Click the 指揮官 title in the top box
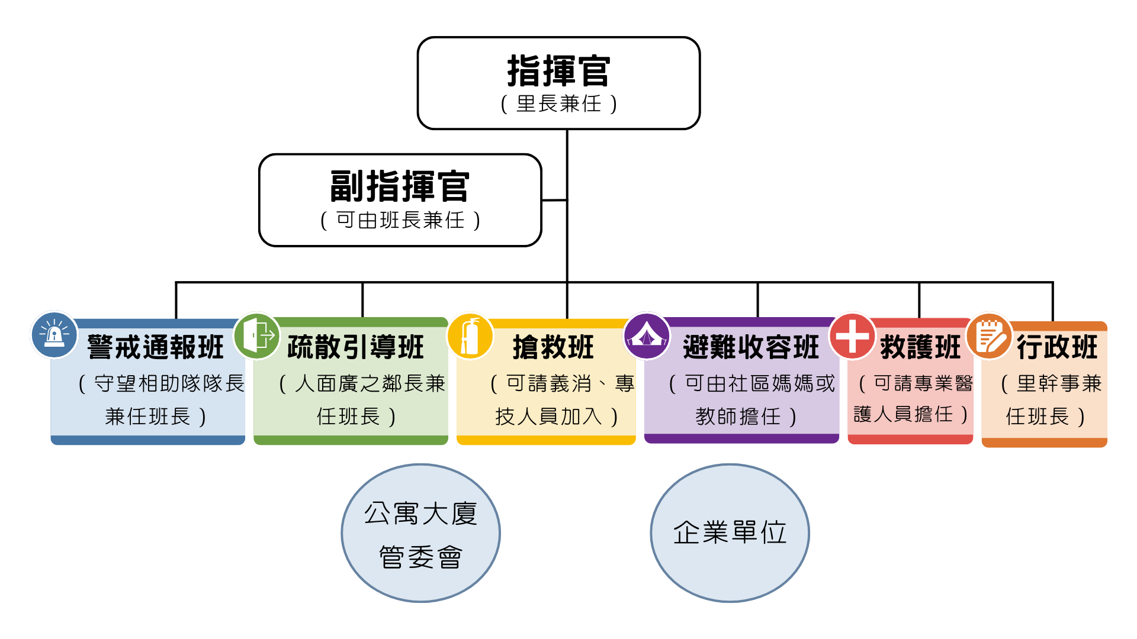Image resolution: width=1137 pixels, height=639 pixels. (558, 71)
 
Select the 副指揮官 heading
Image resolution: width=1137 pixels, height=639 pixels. (400, 187)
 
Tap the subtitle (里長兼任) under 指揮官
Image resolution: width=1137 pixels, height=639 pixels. (558, 104)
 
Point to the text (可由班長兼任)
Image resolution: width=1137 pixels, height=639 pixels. (400, 221)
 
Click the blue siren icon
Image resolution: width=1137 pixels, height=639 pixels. (54, 335)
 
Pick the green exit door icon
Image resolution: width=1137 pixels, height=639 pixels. (257, 335)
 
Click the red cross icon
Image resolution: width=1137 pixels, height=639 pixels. (852, 335)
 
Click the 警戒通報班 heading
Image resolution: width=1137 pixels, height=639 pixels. (155, 347)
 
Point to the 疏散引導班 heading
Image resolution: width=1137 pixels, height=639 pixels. (355, 347)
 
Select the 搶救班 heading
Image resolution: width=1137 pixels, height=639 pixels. (553, 347)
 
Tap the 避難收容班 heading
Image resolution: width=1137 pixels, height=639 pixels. (751, 347)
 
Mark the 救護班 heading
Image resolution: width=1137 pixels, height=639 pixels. (920, 347)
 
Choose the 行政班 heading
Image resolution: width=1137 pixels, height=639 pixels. (1058, 347)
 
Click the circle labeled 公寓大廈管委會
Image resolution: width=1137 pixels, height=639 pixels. (420, 533)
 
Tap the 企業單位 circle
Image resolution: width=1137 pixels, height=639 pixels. (730, 533)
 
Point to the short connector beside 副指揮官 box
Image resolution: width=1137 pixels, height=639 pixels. (554, 200)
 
